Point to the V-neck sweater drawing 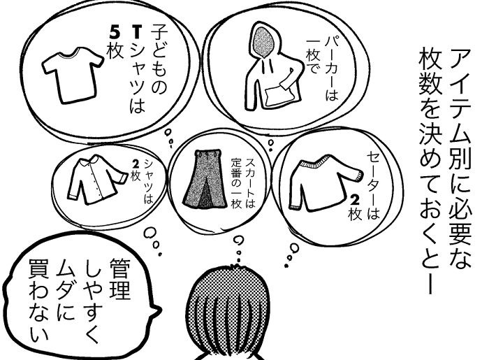coord(324,183)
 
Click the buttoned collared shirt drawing coord(96,180)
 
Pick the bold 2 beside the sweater coord(355,201)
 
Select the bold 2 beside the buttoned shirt coord(136,164)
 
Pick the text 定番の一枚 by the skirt coord(236,184)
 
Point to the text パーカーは coord(332,68)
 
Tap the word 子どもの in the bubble coord(159,61)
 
